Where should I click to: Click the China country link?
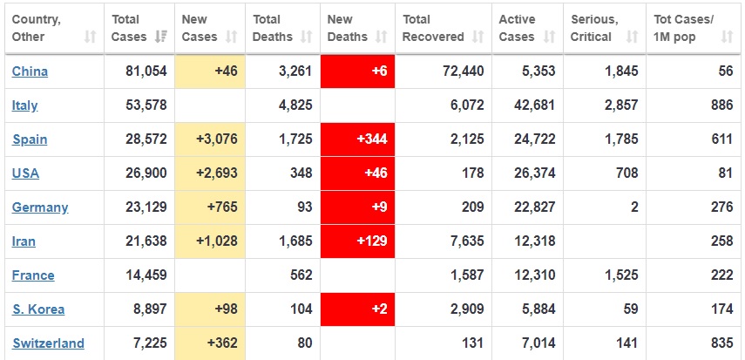[x=30, y=71]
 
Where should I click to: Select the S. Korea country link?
[x=38, y=309]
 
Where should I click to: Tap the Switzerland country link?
[x=48, y=343]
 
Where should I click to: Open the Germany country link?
[x=40, y=207]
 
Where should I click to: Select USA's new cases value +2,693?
[x=213, y=173]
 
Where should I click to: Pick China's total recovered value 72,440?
[x=462, y=71]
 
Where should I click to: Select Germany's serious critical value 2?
[x=634, y=207]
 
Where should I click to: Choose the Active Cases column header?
[x=518, y=28]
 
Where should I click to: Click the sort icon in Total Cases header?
[x=161, y=37]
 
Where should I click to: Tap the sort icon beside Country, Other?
[x=91, y=37]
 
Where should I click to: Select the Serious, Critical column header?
[x=594, y=28]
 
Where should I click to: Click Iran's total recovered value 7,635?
[x=466, y=241]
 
